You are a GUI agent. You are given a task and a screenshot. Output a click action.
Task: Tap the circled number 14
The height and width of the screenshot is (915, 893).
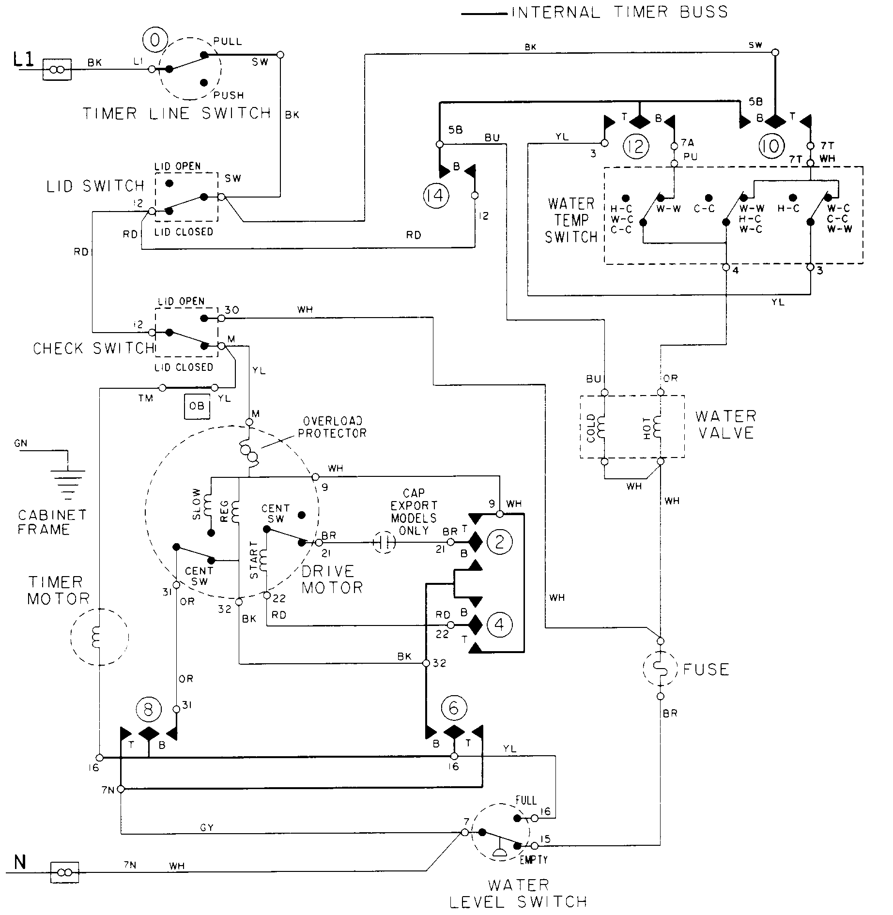(x=436, y=196)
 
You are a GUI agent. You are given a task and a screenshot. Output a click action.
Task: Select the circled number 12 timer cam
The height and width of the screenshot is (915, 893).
(x=635, y=146)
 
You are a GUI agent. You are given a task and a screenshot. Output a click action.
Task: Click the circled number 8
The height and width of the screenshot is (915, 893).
(x=148, y=709)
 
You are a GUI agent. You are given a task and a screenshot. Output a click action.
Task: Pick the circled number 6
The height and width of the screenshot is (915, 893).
(x=454, y=708)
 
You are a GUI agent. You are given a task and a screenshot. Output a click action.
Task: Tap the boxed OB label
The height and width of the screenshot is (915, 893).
(x=197, y=406)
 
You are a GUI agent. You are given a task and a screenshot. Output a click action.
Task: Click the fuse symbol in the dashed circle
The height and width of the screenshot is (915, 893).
(x=660, y=669)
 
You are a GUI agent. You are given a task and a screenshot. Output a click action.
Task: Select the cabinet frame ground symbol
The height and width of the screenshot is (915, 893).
(x=68, y=480)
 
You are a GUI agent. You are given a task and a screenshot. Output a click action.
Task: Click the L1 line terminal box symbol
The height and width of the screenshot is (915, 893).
(x=57, y=70)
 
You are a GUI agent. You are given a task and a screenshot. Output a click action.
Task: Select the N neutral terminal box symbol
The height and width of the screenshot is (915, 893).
(x=65, y=873)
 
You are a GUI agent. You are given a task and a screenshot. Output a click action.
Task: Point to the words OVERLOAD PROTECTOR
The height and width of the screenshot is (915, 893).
(x=332, y=427)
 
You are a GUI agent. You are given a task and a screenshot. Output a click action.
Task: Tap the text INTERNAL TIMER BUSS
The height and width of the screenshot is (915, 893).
(x=619, y=12)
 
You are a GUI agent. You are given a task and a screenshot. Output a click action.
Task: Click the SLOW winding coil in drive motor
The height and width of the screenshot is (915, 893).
(x=209, y=506)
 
